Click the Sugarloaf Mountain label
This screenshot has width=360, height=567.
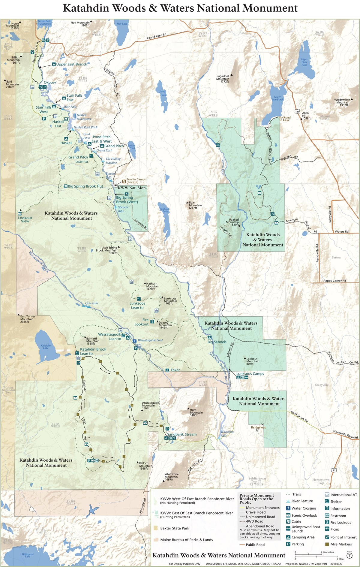(x=223, y=79)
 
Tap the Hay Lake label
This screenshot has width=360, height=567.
(x=122, y=24)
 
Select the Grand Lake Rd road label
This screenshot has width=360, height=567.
(x=156, y=36)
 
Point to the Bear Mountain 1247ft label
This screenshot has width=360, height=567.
(x=195, y=205)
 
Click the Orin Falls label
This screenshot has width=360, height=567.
(x=91, y=303)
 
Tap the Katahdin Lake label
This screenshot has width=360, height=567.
(x=46, y=347)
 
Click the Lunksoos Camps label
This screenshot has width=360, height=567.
(x=250, y=374)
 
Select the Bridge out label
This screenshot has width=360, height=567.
(x=258, y=427)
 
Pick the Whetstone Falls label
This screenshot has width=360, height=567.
(x=227, y=433)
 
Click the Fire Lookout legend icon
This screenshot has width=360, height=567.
(x=327, y=522)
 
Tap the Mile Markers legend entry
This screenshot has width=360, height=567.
(x=341, y=544)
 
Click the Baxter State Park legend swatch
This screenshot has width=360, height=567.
(x=155, y=528)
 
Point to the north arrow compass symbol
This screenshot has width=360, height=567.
(x=349, y=556)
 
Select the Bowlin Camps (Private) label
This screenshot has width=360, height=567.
(x=136, y=181)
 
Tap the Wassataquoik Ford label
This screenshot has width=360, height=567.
(x=150, y=340)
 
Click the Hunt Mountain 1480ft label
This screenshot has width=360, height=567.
(x=196, y=412)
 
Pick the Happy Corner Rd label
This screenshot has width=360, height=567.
(x=334, y=281)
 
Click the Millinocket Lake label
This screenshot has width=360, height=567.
(x=28, y=555)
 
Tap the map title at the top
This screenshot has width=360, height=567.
(x=180, y=8)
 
